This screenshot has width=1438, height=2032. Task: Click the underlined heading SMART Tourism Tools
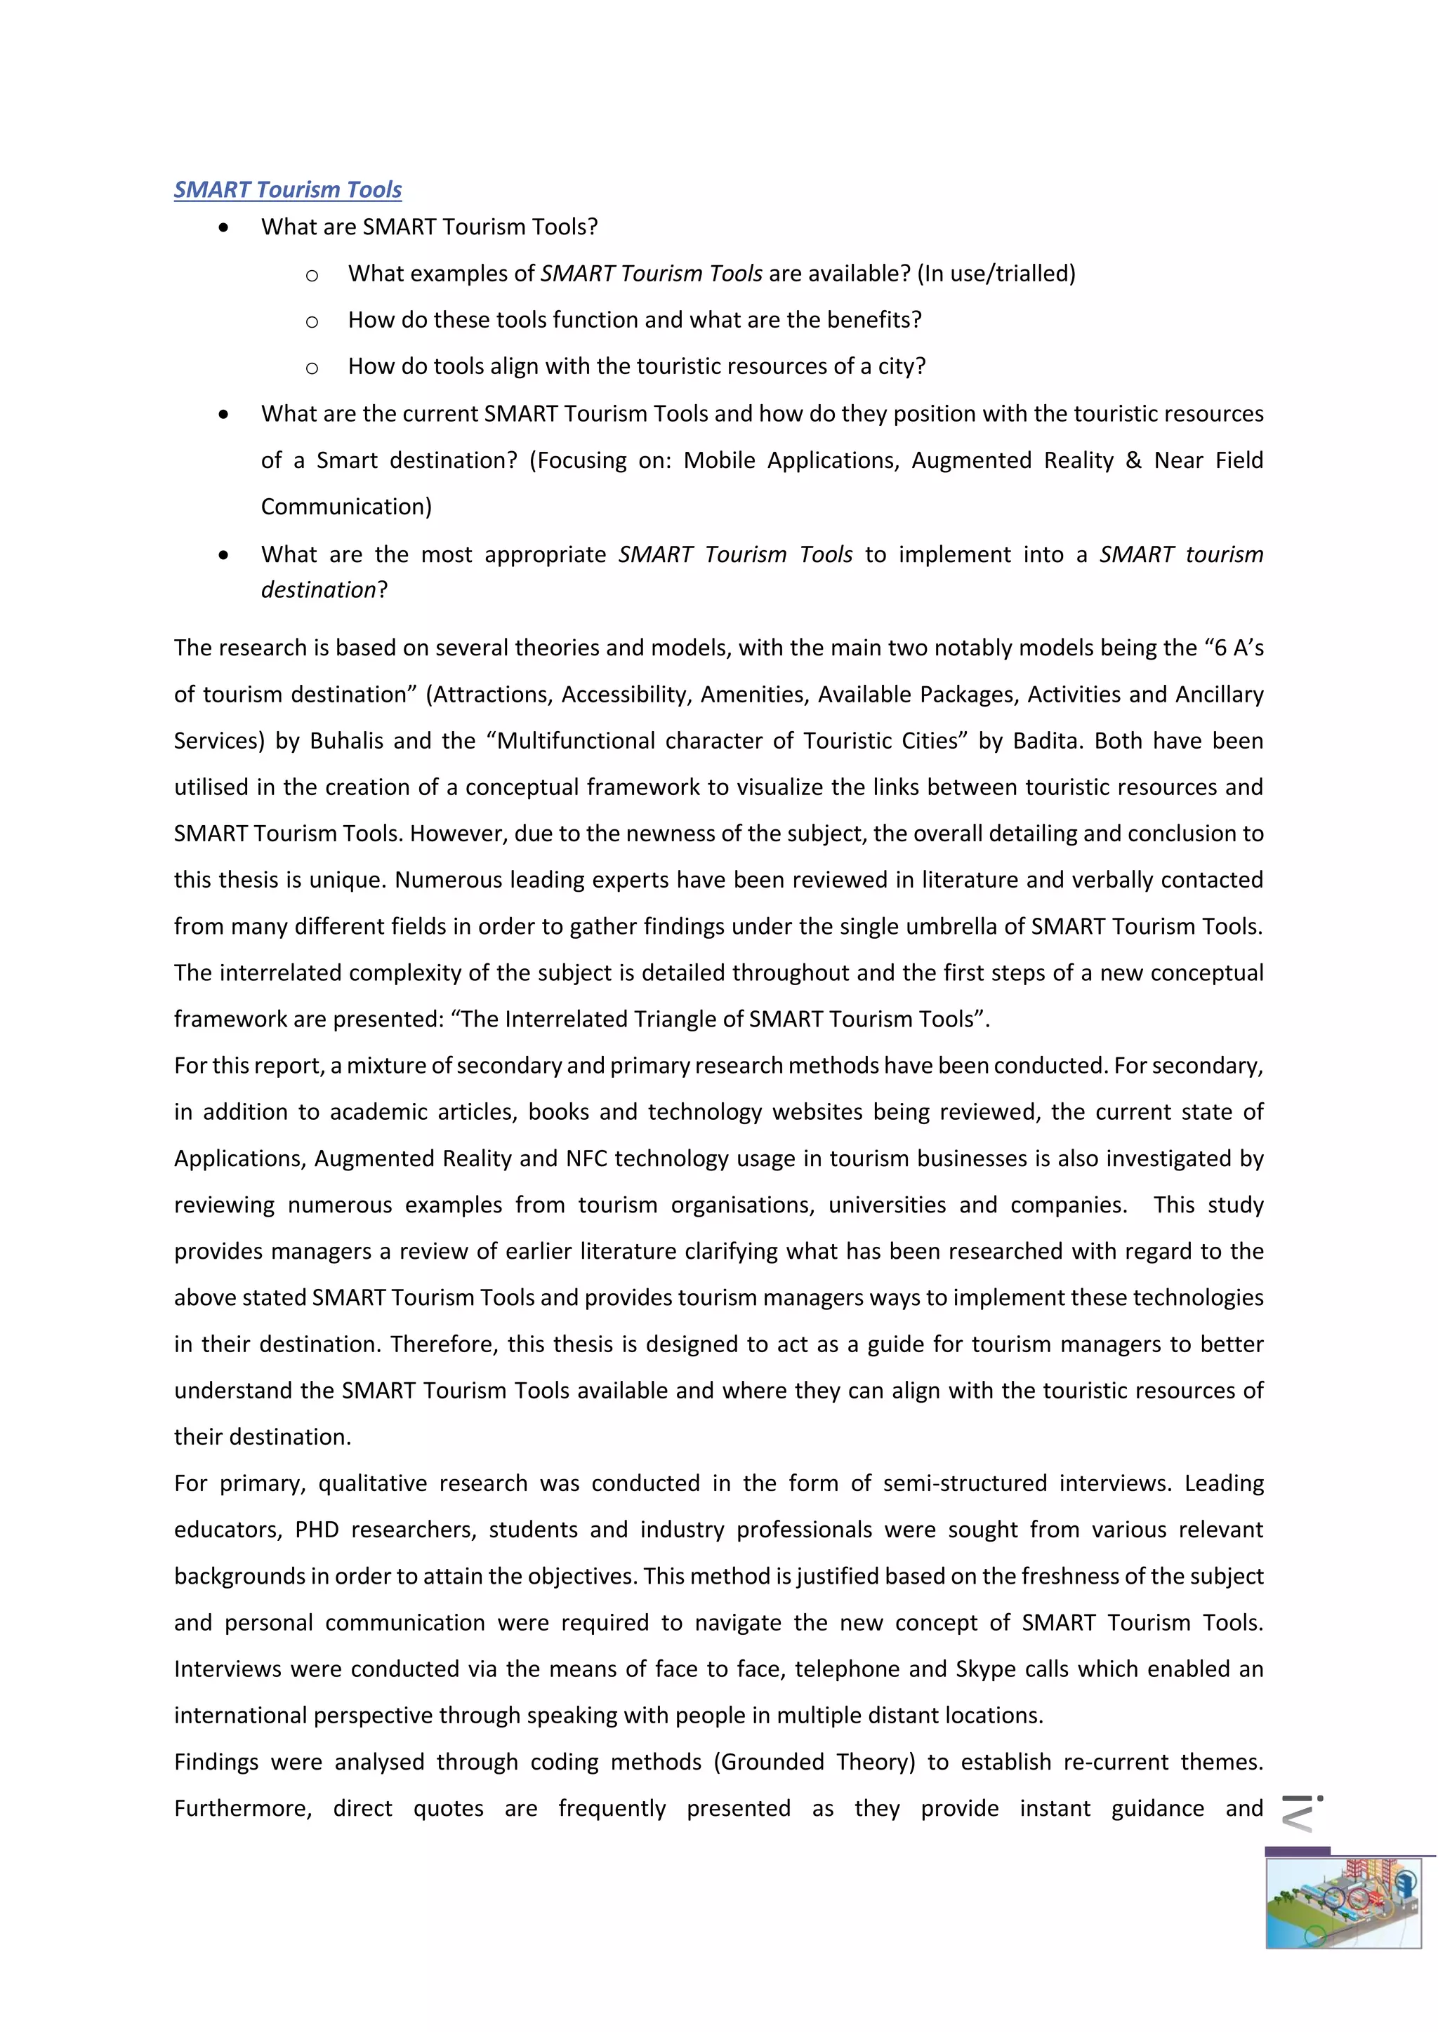click(288, 189)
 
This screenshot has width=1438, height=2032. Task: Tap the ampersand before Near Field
click(1133, 460)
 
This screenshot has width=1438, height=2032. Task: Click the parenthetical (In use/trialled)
click(996, 274)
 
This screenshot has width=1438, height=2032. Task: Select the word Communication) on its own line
click(346, 507)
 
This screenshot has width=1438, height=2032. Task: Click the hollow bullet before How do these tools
click(312, 321)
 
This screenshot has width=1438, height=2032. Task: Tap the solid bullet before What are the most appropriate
click(223, 556)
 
